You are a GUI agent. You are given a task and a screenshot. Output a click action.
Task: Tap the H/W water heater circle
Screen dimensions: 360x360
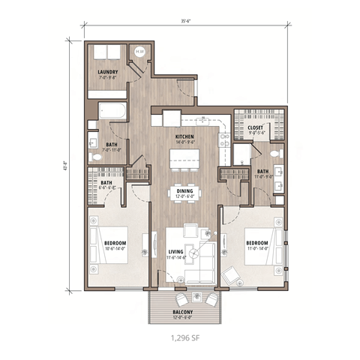coord(139,52)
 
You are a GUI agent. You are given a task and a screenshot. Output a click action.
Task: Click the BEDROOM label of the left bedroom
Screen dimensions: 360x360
coord(115,244)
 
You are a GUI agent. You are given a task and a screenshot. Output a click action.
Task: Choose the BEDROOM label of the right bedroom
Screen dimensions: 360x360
coord(257,244)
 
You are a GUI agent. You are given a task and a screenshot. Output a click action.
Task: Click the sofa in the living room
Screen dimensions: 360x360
coord(199,276)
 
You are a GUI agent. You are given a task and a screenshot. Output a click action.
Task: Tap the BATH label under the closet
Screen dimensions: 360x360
coord(262,172)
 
